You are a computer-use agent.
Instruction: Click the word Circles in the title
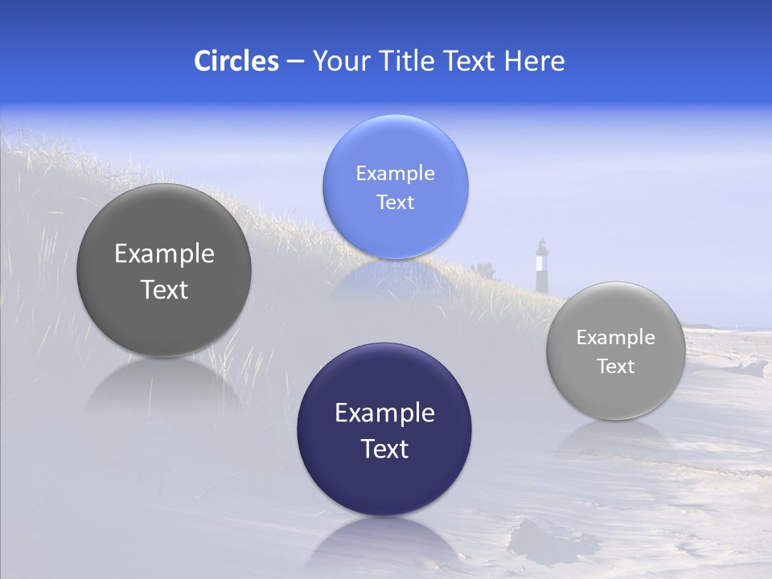point(236,61)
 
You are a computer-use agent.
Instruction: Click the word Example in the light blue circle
point(395,174)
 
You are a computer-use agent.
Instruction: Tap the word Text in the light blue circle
point(395,203)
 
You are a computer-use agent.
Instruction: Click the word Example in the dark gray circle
point(164,254)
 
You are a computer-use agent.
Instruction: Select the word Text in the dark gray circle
point(164,289)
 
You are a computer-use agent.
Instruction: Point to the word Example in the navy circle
point(384,413)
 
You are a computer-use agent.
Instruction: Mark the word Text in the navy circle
point(384,449)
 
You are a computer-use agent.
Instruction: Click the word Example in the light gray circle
point(615,338)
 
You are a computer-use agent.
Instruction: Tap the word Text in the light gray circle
point(615,367)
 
